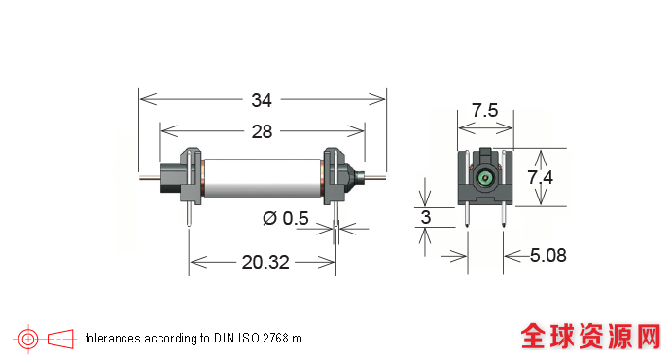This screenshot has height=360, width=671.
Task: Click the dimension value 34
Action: click(262, 100)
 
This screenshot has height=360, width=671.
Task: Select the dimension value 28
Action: click(262, 132)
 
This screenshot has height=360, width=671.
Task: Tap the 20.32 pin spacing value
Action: click(265, 262)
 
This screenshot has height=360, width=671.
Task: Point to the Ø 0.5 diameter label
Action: click(286, 218)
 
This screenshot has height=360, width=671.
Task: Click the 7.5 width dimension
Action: click(485, 111)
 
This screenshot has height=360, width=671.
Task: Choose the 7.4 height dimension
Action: click(540, 177)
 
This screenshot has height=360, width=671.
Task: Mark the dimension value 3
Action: click(425, 217)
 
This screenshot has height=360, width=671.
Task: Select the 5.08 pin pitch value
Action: click(548, 255)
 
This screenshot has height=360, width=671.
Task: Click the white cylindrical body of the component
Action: click(263, 178)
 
